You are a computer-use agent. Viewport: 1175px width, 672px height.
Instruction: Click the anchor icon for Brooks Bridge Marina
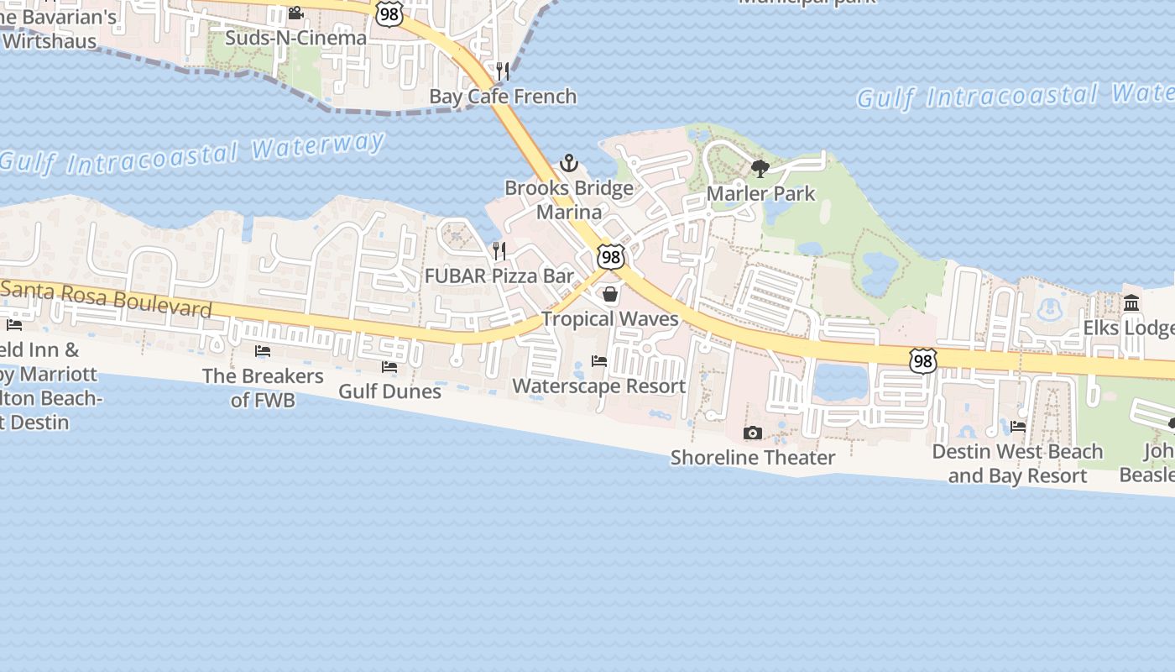pos(570,162)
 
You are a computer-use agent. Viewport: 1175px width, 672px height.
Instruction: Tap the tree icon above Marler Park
pos(760,168)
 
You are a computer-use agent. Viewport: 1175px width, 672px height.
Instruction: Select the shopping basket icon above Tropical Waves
pos(610,294)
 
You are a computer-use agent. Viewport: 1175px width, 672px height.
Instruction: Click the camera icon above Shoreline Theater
pos(753,433)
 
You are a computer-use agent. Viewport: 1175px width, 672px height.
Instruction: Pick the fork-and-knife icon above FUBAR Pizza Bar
pos(499,250)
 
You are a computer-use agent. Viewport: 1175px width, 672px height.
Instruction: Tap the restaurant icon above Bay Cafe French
pos(503,71)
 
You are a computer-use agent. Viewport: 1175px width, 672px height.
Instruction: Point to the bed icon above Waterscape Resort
pos(599,361)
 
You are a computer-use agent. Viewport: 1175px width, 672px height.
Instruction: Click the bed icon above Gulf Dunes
pos(389,366)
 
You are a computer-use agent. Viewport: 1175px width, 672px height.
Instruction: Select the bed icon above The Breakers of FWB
pos(263,351)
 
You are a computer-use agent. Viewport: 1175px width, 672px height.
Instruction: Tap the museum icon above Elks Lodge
pos(1131,302)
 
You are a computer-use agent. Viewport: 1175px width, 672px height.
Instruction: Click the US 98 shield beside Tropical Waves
pos(611,257)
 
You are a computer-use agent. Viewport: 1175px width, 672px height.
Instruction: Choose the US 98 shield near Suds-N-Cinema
pos(389,12)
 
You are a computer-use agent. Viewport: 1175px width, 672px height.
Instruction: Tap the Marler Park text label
pos(760,193)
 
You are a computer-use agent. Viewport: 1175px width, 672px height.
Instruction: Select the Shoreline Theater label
pos(753,458)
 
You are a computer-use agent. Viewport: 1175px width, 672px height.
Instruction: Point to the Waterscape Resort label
pos(599,386)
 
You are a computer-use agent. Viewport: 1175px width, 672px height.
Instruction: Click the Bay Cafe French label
pos(503,97)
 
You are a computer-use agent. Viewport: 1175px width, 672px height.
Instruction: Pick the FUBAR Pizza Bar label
pos(499,276)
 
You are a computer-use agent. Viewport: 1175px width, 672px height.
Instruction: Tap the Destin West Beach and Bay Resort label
pos(1017,464)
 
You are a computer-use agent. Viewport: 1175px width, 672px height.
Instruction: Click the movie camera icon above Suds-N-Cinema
pos(295,13)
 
